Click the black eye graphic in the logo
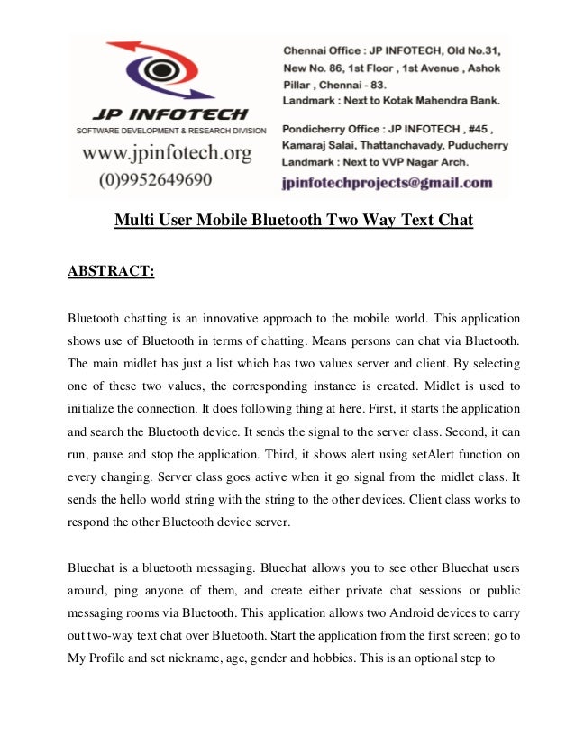[x=160, y=70]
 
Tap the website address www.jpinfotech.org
[x=167, y=153]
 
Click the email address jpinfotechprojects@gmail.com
[x=388, y=182]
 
